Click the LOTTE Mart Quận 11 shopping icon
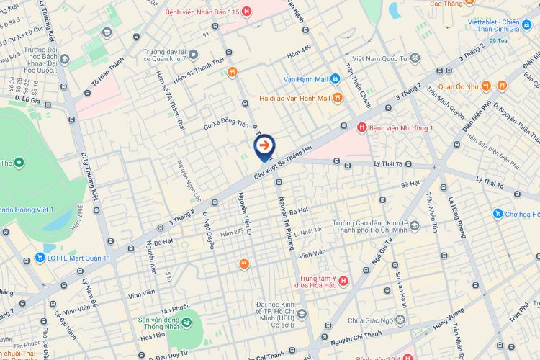pos(41,256)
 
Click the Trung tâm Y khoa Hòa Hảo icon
pos(343,279)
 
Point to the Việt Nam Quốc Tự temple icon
pos(415,58)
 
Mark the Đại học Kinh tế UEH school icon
pos(302,314)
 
